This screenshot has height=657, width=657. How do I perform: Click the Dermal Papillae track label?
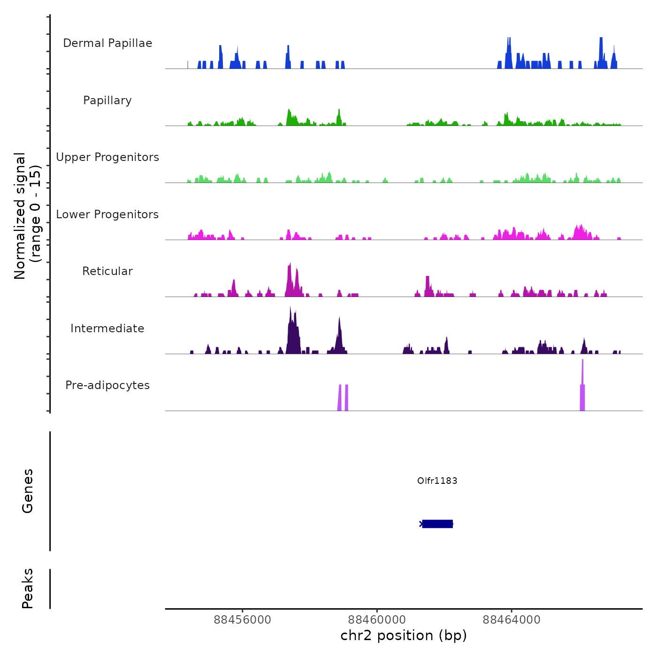(107, 43)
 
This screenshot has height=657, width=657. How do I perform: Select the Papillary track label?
(107, 100)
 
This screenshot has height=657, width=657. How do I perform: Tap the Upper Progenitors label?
(107, 157)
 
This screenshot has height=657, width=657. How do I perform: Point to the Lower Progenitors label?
(107, 214)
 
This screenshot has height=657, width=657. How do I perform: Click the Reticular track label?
(107, 271)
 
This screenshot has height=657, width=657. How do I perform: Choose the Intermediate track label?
(107, 328)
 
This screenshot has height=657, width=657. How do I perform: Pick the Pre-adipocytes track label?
(107, 385)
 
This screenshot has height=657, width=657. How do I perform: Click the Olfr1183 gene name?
(437, 481)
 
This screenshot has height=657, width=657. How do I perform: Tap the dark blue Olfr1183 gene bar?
(437, 524)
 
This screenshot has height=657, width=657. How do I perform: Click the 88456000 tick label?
(242, 620)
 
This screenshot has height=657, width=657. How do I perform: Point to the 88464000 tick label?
(512, 620)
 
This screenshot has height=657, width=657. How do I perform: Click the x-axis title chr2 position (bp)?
(404, 635)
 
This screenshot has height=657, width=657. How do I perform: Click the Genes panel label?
(28, 491)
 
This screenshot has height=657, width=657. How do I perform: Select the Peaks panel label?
(28, 588)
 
